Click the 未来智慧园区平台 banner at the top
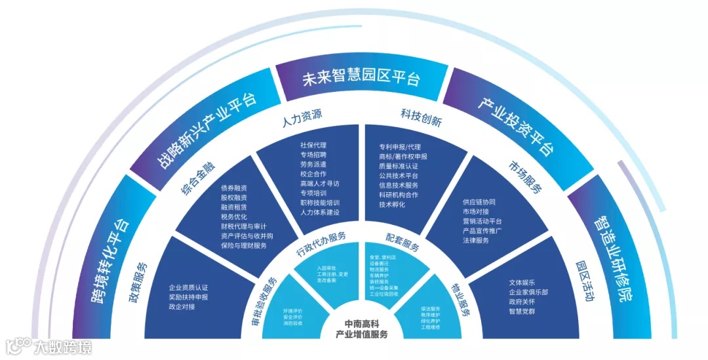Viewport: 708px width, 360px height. (360, 79)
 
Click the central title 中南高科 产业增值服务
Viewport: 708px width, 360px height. (362, 329)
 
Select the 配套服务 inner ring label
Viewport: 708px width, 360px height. (401, 246)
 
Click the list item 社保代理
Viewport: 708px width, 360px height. (313, 145)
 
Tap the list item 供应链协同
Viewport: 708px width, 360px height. (479, 201)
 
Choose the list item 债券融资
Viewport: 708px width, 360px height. (234, 188)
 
